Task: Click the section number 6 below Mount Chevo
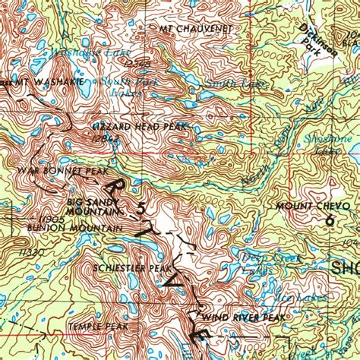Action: [328, 220]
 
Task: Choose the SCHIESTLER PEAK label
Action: [128, 268]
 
